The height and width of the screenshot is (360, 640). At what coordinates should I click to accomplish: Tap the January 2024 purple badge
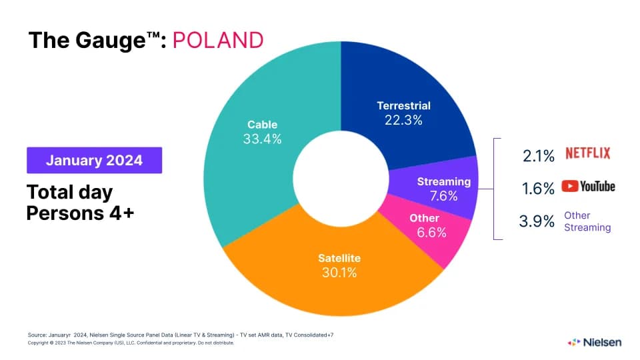pos(94,161)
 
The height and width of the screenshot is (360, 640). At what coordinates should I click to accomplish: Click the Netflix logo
pos(587,153)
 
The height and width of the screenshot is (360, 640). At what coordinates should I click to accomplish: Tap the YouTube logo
pos(587,187)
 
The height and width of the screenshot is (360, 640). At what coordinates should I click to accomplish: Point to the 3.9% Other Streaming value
pos(537,221)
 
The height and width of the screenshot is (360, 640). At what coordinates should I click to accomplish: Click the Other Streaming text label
pos(587,221)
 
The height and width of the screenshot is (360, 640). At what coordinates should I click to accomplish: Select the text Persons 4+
pos(81,213)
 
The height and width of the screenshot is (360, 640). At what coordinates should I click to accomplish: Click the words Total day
pos(69,192)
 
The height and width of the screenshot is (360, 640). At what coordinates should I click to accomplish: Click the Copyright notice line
pos(131,343)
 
